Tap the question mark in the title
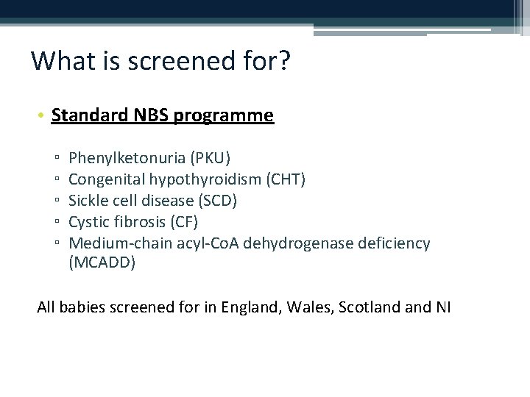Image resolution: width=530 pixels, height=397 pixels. tap(283, 61)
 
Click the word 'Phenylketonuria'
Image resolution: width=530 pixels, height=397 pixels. tap(127, 157)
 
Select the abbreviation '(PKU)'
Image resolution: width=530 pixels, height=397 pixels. tap(210, 157)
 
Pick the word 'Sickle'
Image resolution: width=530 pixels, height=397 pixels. tap(88, 200)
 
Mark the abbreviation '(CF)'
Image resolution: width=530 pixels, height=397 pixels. tap(183, 221)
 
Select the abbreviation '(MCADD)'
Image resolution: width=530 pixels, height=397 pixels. tap(102, 263)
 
